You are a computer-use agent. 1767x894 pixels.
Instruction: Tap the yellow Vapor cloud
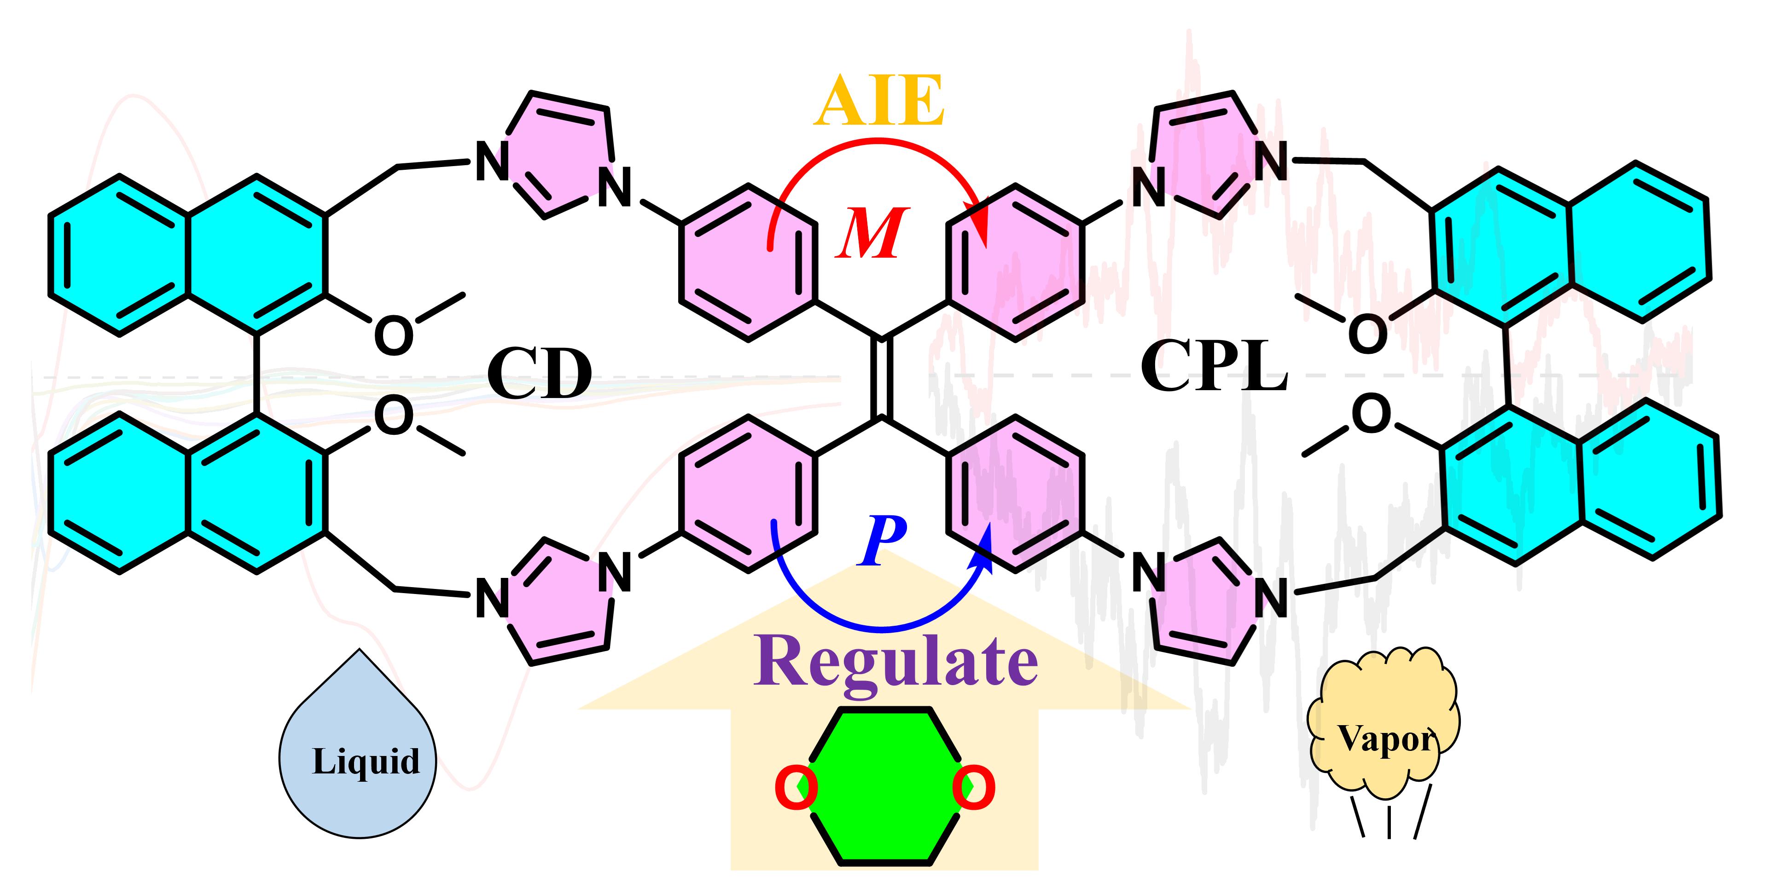click(1384, 727)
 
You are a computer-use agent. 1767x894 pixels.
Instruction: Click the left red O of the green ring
click(796, 789)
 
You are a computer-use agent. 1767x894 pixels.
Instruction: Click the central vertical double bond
click(883, 378)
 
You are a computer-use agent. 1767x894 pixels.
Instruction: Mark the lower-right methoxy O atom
click(1371, 414)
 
